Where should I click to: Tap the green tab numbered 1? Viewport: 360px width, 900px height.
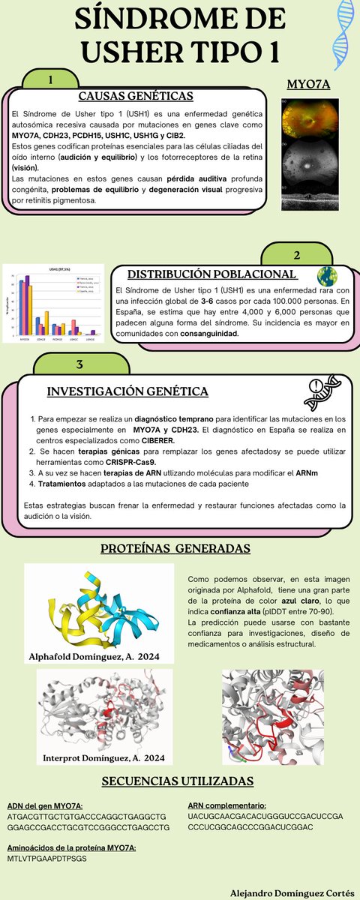pyautogui.click(x=49, y=80)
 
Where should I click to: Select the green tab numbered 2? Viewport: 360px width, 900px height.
pyautogui.click(x=297, y=255)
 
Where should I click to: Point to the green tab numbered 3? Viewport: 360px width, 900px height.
pyautogui.click(x=79, y=364)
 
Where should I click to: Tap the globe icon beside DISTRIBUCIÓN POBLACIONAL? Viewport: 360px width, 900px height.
pyautogui.click(x=327, y=274)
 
